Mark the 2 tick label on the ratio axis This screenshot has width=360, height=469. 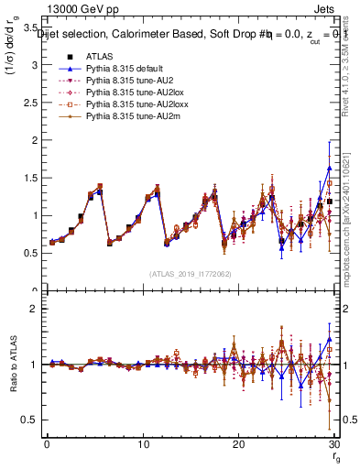pyautogui.click(x=35, y=309)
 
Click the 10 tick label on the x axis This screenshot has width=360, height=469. pyautogui.click(x=143, y=444)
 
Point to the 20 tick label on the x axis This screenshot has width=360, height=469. pyautogui.click(x=238, y=444)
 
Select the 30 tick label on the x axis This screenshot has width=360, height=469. pyautogui.click(x=333, y=444)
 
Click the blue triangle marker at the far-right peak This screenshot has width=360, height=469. pyautogui.click(x=329, y=169)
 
